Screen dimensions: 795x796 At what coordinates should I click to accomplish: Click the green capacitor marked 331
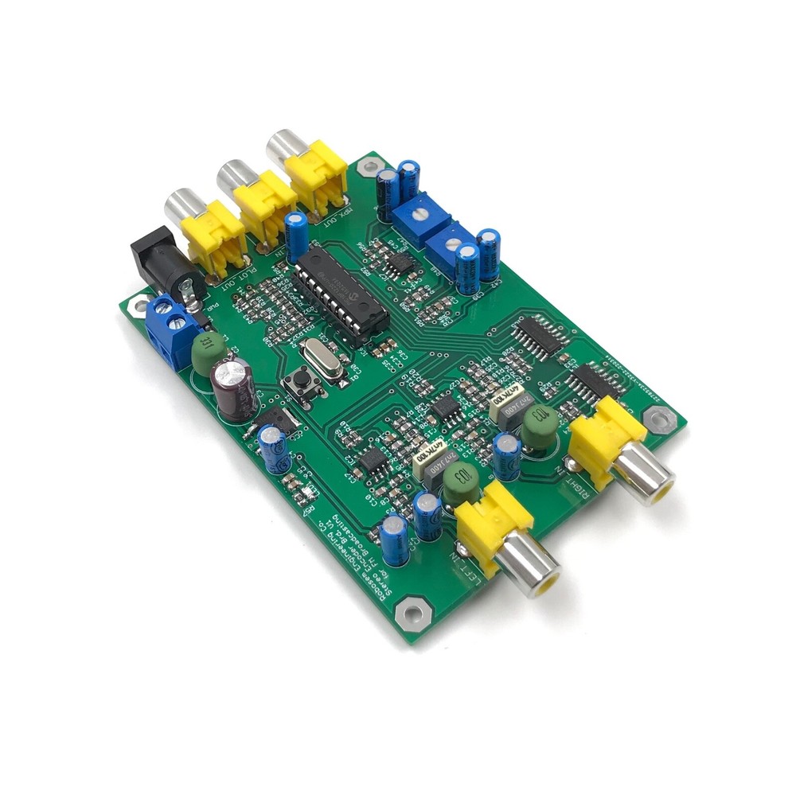pos(205,351)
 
